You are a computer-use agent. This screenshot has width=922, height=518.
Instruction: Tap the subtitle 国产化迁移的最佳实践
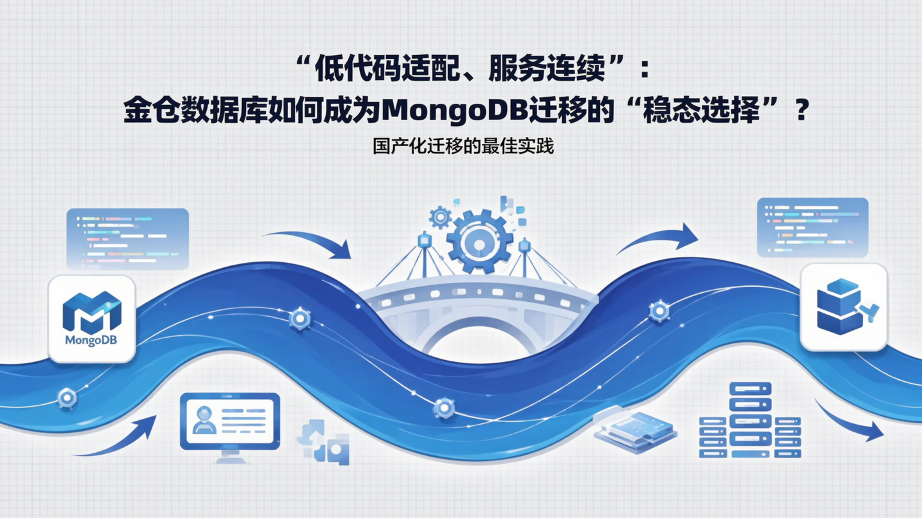click(463, 146)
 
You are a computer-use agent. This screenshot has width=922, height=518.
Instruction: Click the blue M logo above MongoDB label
click(92, 312)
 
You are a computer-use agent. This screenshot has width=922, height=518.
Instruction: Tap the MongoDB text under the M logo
click(91, 340)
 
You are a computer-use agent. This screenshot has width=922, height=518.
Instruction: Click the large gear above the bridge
click(480, 240)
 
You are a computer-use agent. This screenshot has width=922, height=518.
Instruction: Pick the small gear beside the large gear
click(440, 217)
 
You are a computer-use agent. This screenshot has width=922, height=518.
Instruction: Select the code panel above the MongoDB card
click(127, 239)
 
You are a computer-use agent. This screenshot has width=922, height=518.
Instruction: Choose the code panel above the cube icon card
click(812, 228)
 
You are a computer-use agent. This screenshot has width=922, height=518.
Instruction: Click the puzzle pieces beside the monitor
click(323, 441)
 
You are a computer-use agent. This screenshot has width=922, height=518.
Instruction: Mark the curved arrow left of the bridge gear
click(309, 243)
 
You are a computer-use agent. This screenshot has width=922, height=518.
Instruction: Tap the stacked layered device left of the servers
click(635, 427)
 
